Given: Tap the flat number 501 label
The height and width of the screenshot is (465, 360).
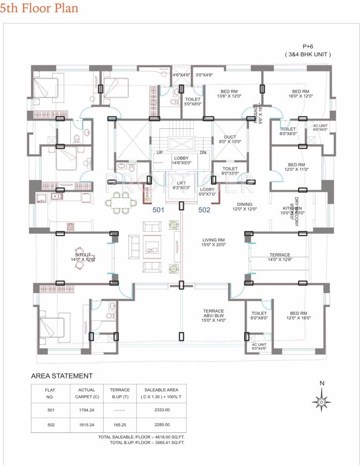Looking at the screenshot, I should [158, 210].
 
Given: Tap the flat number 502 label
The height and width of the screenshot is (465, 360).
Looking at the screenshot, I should [204, 210].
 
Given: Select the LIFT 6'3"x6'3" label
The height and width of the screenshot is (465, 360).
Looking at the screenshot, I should [181, 185].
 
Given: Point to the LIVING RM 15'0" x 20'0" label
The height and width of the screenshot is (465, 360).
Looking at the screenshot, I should [213, 243].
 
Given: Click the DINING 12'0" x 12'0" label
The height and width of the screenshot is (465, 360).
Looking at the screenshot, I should [245, 206].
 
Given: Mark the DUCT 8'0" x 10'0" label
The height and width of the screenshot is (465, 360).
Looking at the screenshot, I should [230, 139].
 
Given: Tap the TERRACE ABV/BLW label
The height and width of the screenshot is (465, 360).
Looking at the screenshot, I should [213, 313].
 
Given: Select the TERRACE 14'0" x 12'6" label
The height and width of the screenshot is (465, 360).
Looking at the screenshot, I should [279, 257].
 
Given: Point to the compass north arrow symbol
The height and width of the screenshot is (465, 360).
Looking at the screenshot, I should [321, 400].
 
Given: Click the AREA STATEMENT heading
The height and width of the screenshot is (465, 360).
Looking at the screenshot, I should [62, 376].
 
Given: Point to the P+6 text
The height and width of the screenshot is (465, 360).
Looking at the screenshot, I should [308, 47].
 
